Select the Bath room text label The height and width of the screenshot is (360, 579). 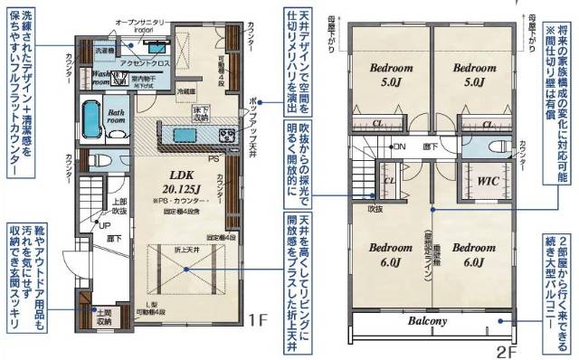[116, 118]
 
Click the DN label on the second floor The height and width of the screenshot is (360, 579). [399, 146]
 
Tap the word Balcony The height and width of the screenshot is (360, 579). [428, 321]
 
